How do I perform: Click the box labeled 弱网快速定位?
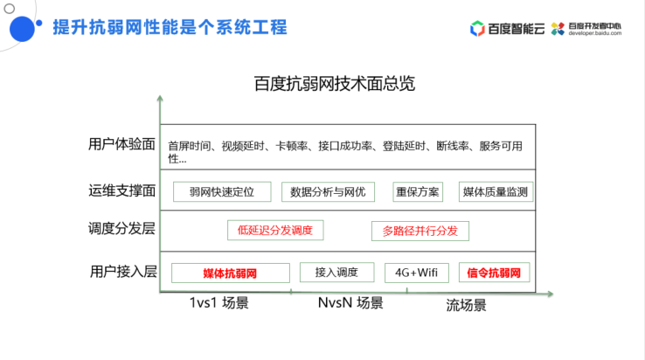point(221,191)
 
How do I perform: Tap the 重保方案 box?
point(419,191)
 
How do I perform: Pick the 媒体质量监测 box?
point(496,191)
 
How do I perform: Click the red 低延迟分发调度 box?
point(274,231)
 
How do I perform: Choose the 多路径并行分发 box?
point(420,231)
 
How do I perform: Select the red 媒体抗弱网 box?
point(230,273)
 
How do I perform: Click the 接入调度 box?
point(336,273)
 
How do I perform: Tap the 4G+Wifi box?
point(416,273)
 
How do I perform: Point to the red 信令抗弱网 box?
point(495,273)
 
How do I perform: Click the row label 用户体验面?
point(122,144)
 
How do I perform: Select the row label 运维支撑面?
point(122,190)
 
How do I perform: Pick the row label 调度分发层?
point(122,230)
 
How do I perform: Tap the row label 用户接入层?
point(123,272)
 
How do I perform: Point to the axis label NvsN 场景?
point(350,303)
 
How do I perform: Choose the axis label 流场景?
point(466,305)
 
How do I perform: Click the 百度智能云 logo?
point(507,28)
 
